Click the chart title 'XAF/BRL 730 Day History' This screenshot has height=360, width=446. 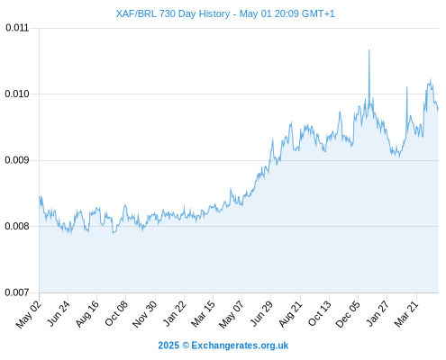click(x=173, y=13)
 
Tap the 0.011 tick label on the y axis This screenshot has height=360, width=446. click(x=17, y=28)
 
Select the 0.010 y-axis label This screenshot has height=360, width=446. click(x=17, y=94)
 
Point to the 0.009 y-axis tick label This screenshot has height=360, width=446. click(x=17, y=160)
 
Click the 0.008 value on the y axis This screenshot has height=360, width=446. click(x=17, y=226)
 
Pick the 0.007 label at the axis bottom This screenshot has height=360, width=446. click(x=17, y=292)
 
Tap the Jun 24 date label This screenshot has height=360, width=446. click(x=59, y=313)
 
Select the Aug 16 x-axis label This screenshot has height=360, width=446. click(x=87, y=314)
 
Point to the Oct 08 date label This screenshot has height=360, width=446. click(x=116, y=313)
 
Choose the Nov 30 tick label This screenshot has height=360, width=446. click(x=144, y=314)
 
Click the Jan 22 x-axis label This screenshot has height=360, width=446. click(x=175, y=313)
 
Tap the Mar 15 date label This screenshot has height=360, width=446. click(x=203, y=314)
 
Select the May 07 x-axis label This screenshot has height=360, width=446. click(x=232, y=314)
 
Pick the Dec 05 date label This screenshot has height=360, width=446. click(x=348, y=314)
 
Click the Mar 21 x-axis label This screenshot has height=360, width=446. click(x=406, y=314)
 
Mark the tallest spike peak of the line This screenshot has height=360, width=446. click(x=369, y=49)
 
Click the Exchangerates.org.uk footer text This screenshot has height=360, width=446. click(x=240, y=346)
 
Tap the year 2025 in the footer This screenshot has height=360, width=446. click(x=168, y=346)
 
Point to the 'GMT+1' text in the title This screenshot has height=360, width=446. click(x=318, y=13)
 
